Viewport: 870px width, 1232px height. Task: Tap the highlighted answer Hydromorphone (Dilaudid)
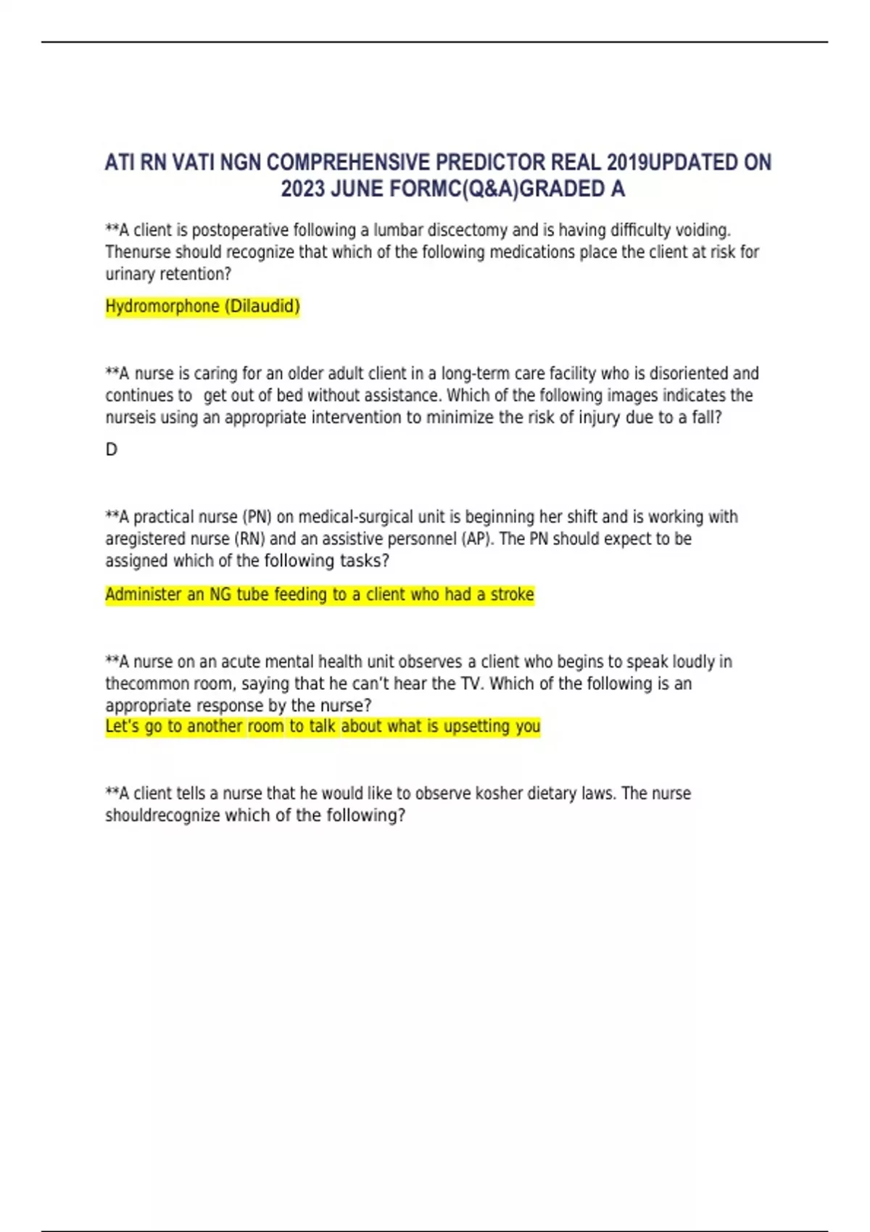[x=202, y=307]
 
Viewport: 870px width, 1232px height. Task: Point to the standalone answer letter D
[x=111, y=450]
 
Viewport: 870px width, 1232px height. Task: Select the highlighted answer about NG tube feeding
[x=319, y=595]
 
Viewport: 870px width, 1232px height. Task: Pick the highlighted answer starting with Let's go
[x=323, y=727]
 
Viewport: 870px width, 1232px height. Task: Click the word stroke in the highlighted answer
[x=512, y=595]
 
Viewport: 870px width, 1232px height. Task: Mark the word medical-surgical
[x=355, y=517]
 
